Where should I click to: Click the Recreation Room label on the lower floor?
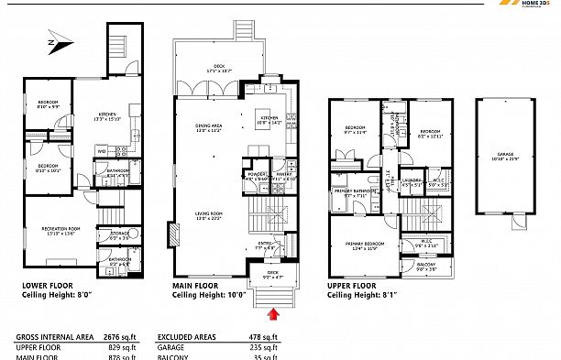click(56, 230)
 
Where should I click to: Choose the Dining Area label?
click(208, 127)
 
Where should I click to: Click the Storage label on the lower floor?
click(118, 235)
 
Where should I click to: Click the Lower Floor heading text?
click(49, 285)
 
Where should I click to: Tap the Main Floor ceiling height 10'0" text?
click(212, 295)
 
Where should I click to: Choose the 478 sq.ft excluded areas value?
click(262, 336)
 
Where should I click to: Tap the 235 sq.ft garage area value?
click(262, 348)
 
